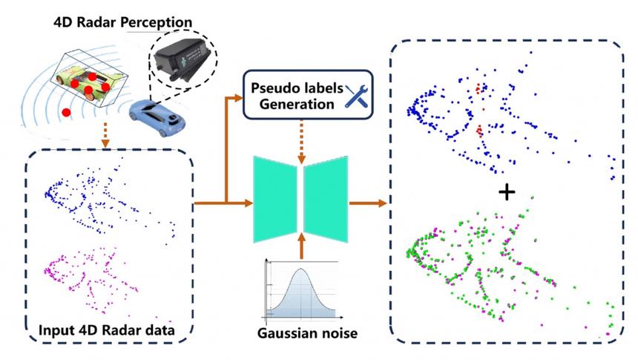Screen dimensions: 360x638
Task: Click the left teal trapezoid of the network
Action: coord(276,198)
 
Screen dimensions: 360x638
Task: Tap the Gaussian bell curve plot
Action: coord(300,290)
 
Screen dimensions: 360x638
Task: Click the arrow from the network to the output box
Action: coord(369,200)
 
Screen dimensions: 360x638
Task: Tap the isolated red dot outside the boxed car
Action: coord(67,112)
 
